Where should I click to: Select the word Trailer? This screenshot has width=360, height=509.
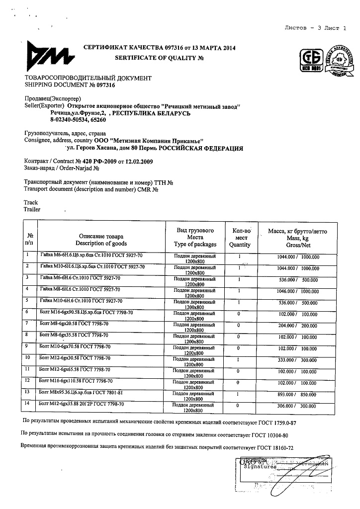point(32,210)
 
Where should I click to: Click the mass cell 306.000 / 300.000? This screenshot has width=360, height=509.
point(297,406)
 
